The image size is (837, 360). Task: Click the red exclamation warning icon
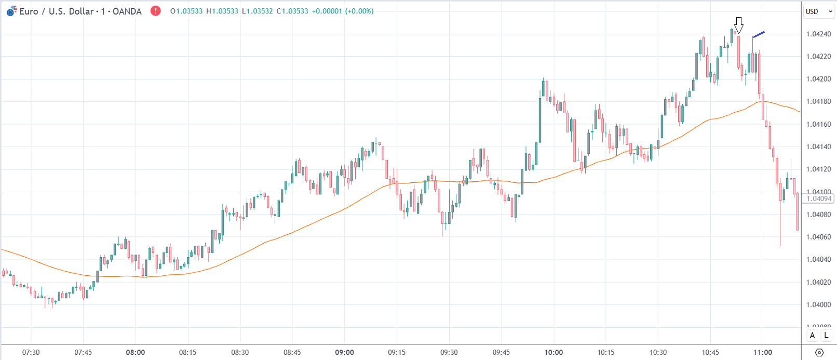(155, 11)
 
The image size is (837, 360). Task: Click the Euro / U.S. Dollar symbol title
(80, 11)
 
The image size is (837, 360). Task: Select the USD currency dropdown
(819, 11)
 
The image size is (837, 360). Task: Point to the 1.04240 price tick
(818, 34)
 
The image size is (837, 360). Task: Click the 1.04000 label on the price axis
(818, 305)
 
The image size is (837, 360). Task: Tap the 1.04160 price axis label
(818, 124)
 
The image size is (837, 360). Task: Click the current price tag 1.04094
(818, 198)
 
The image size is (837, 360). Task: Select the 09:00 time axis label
(344, 352)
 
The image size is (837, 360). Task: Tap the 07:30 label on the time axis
(31, 352)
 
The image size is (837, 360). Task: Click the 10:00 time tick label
(553, 352)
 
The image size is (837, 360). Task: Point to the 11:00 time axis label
(762, 352)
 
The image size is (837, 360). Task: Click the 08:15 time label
(187, 352)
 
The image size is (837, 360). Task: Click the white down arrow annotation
(739, 24)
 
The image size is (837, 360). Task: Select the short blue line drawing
(759, 34)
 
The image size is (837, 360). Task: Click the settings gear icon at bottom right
(819, 352)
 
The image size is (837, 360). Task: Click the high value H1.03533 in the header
(222, 11)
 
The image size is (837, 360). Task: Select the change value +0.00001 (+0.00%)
(342, 11)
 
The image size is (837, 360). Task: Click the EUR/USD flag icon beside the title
(11, 11)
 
